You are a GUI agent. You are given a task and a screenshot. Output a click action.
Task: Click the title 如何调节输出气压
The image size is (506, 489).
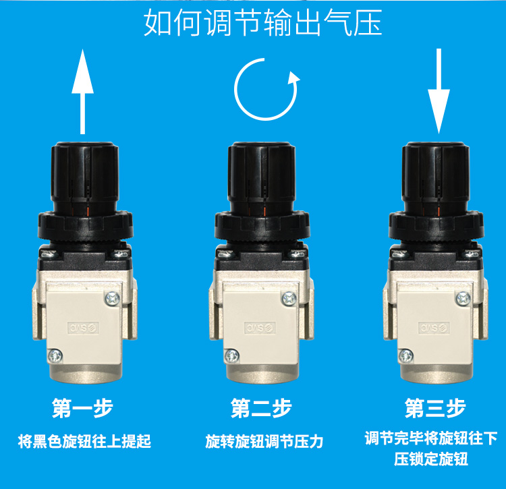pyautogui.click(x=263, y=22)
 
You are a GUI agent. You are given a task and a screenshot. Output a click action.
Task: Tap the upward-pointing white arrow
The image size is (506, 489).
pyautogui.click(x=82, y=92)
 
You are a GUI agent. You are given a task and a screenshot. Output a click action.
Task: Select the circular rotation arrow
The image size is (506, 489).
pyautogui.click(x=266, y=89)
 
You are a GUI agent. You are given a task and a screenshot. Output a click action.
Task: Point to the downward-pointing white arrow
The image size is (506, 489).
pyautogui.click(x=439, y=91)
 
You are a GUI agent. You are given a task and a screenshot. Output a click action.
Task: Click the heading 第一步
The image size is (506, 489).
pyautogui.click(x=82, y=408)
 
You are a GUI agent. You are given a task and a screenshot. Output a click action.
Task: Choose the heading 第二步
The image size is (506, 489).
pyautogui.click(x=261, y=408)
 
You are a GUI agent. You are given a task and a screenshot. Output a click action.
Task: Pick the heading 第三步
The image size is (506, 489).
pyautogui.click(x=435, y=408)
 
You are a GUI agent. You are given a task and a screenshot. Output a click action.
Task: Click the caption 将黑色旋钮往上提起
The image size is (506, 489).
pyautogui.click(x=84, y=441)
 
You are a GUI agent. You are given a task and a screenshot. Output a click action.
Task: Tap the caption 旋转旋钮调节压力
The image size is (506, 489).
pyautogui.click(x=264, y=441)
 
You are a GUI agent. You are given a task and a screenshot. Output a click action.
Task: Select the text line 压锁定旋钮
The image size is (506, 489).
pyautogui.click(x=431, y=459)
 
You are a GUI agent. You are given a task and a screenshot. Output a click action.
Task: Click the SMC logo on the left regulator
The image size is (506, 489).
pyautogui.click(x=83, y=328)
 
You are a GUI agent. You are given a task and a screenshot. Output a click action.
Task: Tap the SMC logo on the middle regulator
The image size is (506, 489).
pyautogui.click(x=260, y=328)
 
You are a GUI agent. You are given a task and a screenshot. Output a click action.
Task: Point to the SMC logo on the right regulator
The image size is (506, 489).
pyautogui.click(x=434, y=328)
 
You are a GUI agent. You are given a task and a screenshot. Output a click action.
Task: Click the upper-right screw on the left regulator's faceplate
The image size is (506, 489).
pyautogui.click(x=112, y=298)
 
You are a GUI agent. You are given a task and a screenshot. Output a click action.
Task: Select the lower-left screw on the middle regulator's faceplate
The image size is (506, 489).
pyautogui.click(x=231, y=355)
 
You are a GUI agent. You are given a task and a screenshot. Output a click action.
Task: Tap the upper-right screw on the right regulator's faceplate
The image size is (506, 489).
pyautogui.click(x=463, y=298)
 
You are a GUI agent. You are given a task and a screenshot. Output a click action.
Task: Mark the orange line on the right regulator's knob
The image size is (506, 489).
pyautogui.click(x=439, y=211)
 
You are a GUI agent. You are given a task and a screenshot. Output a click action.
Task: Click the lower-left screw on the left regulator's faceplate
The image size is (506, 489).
pyautogui.click(x=55, y=355)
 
